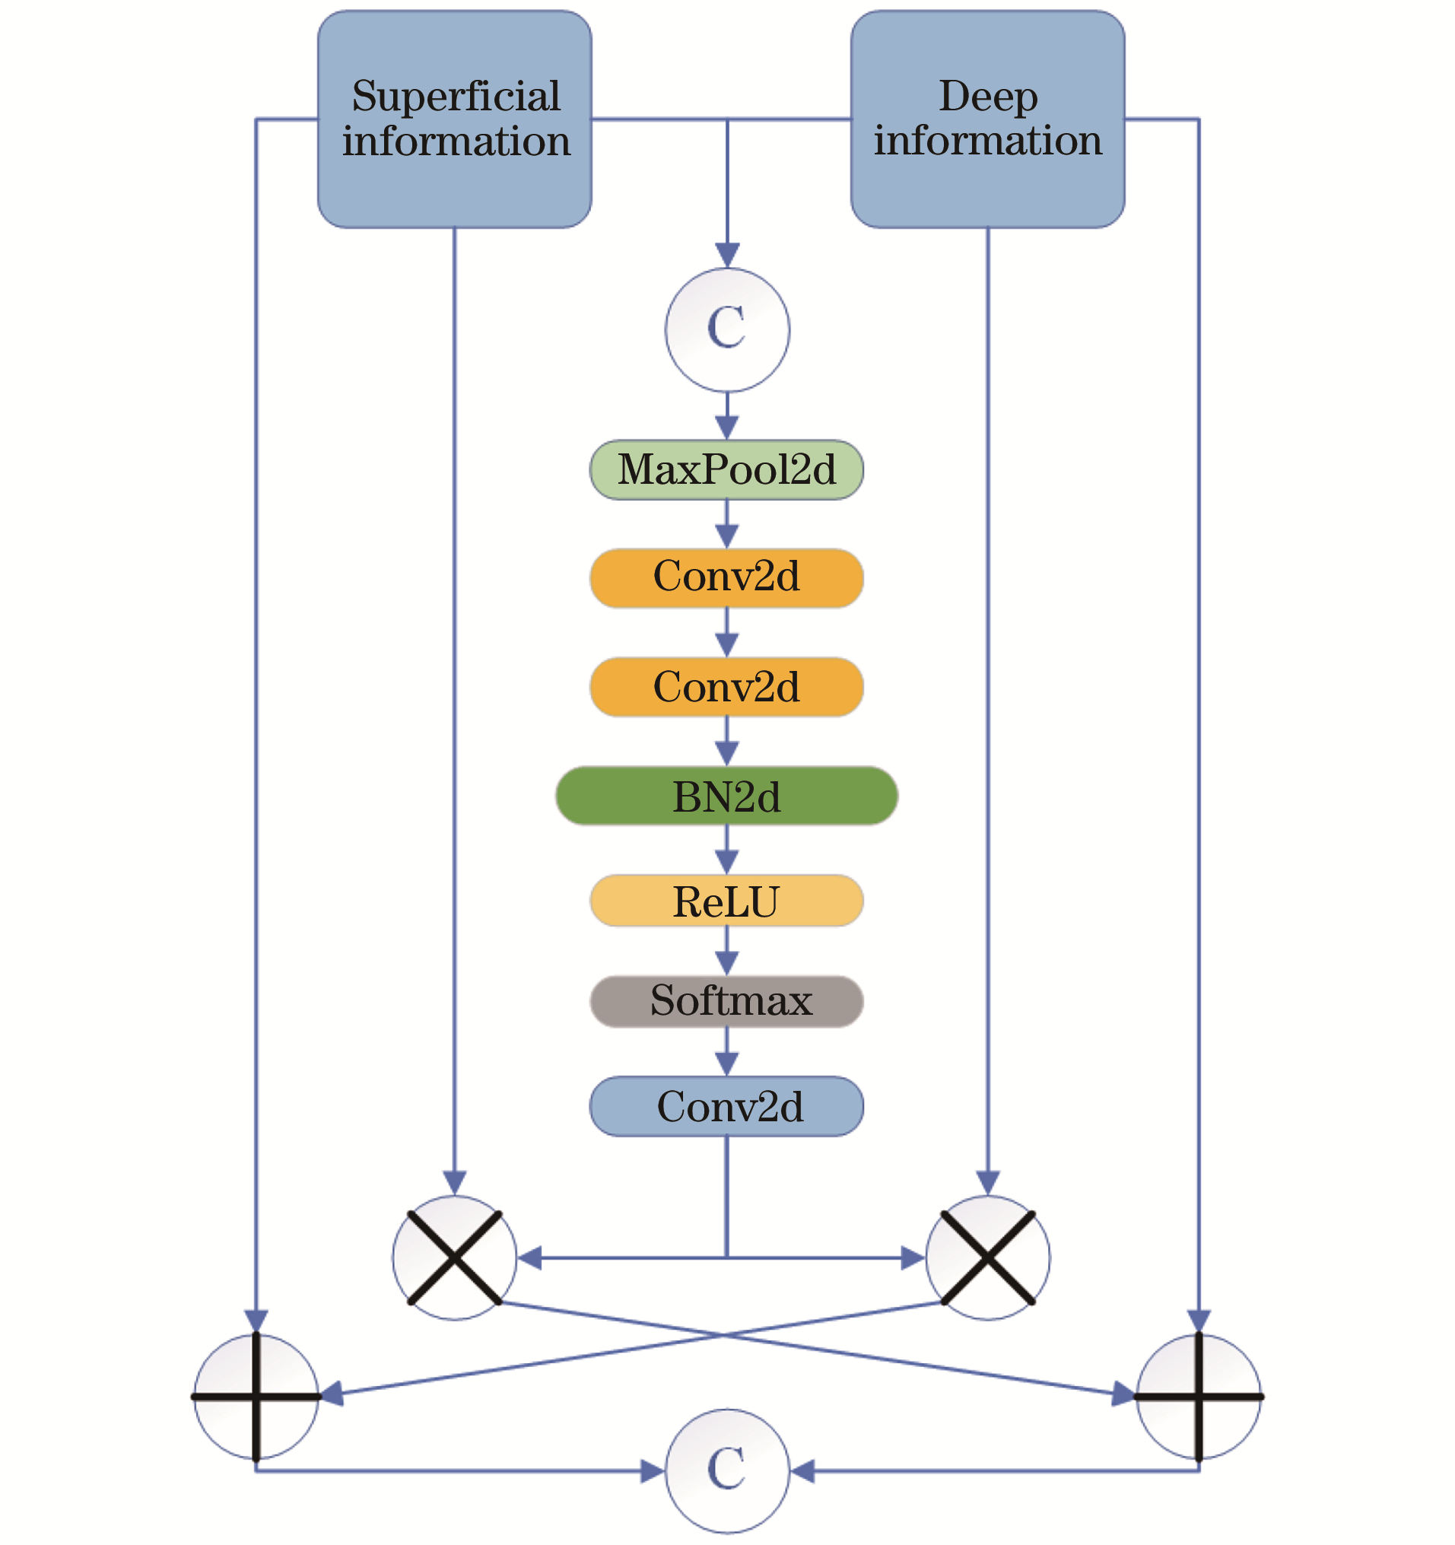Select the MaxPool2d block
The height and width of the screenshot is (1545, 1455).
[x=726, y=469]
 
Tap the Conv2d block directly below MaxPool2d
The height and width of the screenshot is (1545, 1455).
[x=726, y=577]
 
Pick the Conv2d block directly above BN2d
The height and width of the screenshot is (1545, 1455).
[x=726, y=687]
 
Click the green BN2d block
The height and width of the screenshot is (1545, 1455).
[x=726, y=796]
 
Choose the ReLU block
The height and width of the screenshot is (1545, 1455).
[x=726, y=901]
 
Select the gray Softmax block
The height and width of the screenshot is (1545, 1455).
[x=726, y=1001]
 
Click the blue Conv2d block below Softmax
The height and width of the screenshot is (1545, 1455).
[x=726, y=1107]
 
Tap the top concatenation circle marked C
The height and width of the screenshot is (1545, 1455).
[x=726, y=329]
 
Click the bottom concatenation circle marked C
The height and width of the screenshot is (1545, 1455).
[x=726, y=1470]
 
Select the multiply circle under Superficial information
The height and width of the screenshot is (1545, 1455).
[x=455, y=1257]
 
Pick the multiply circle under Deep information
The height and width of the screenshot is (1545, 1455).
[x=987, y=1257]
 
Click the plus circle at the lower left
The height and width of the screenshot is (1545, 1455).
[x=256, y=1396]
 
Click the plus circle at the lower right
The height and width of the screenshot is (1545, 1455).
[x=1199, y=1396]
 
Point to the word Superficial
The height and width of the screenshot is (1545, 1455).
[x=456, y=97]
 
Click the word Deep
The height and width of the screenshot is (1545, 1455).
[x=988, y=97]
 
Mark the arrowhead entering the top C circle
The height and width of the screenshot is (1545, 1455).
[x=726, y=256]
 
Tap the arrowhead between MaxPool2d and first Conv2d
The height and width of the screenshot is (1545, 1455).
[x=726, y=536]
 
